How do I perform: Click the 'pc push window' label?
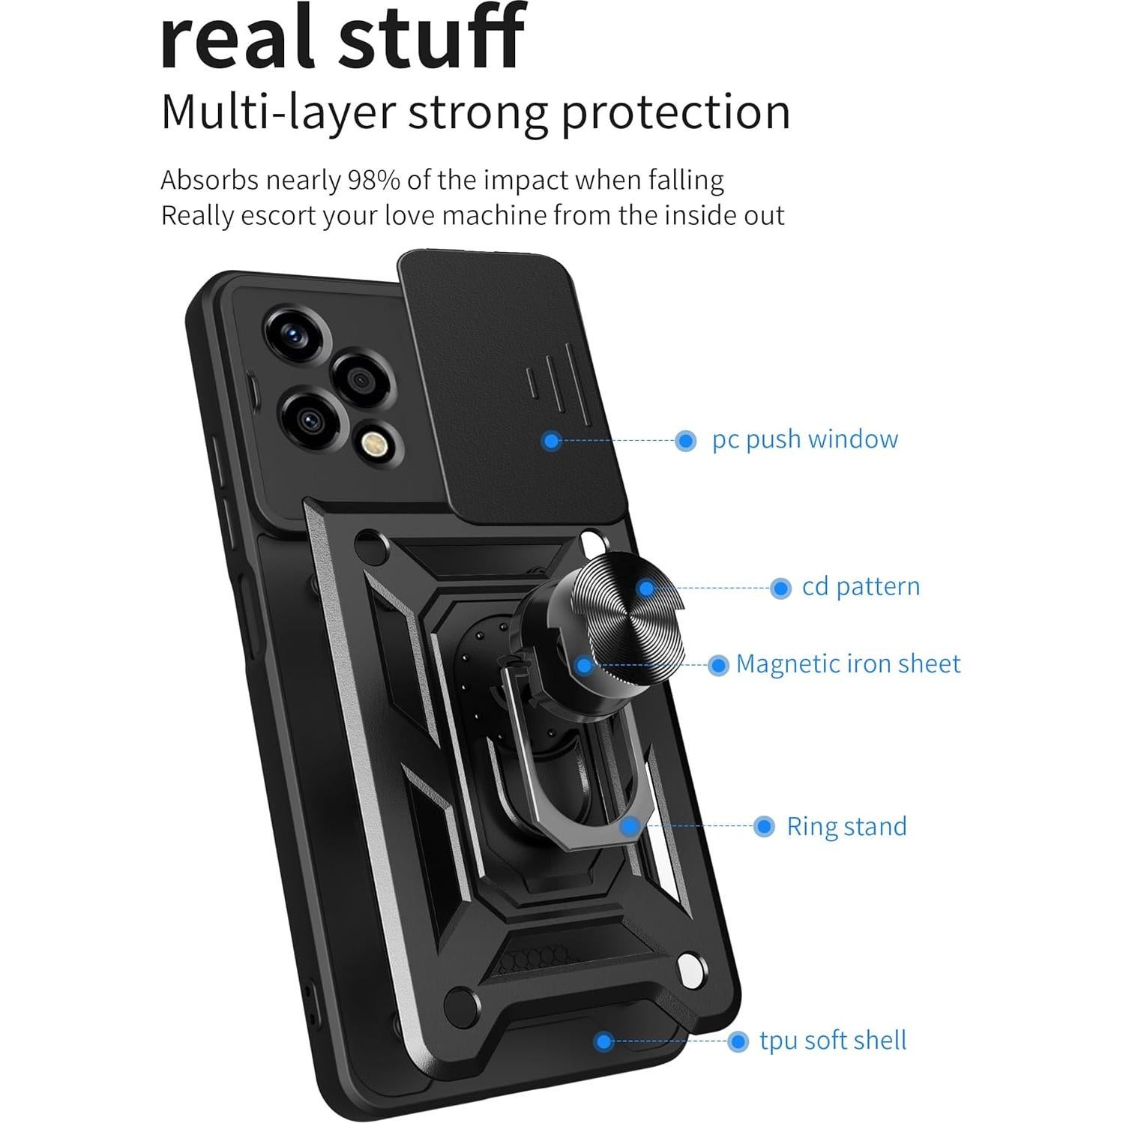click(x=804, y=439)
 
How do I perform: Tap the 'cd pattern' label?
click(x=861, y=586)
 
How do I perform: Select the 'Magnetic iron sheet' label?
click(x=848, y=663)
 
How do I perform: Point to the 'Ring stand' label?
click(x=846, y=826)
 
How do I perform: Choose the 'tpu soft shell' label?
click(x=833, y=1041)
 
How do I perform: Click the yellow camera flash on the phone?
click(x=372, y=445)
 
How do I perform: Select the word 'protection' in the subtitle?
click(x=675, y=112)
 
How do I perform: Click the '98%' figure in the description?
click(x=373, y=181)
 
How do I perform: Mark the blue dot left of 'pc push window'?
click(x=684, y=440)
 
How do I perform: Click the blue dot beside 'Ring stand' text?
click(x=764, y=826)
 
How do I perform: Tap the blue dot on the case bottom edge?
click(x=603, y=1041)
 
